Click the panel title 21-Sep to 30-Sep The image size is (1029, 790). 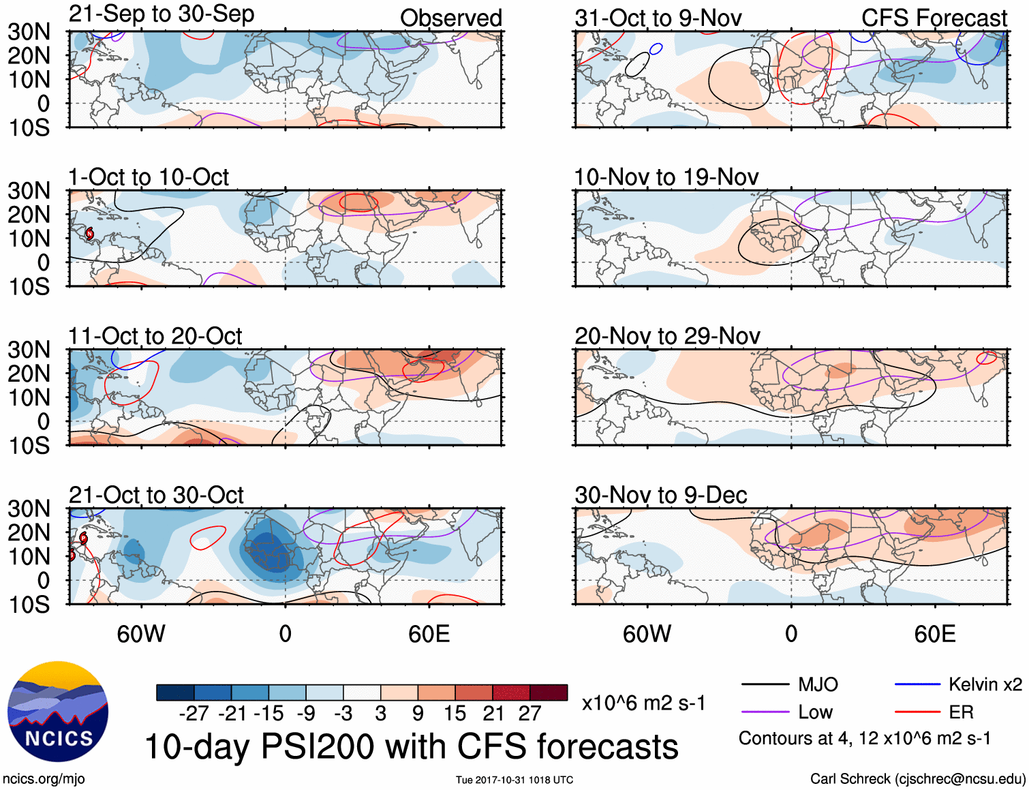tap(162, 14)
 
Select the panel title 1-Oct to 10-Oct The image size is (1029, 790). tap(149, 177)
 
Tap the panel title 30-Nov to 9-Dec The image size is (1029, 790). tap(661, 495)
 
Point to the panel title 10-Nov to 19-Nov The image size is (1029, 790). tap(666, 177)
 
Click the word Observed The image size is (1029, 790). tap(451, 18)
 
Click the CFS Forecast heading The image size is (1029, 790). tap(934, 18)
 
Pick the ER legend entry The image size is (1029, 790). tap(961, 712)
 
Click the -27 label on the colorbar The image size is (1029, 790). tap(194, 714)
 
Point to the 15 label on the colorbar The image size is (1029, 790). tap(455, 714)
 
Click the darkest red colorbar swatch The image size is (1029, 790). tap(549, 693)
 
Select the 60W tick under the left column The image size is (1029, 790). tap(141, 634)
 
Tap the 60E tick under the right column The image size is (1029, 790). tap(934, 634)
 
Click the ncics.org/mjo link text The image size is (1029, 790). tap(44, 778)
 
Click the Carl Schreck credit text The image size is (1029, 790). tap(917, 778)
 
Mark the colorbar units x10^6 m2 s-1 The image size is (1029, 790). tap(643, 703)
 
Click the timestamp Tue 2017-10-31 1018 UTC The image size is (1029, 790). tap(514, 780)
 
